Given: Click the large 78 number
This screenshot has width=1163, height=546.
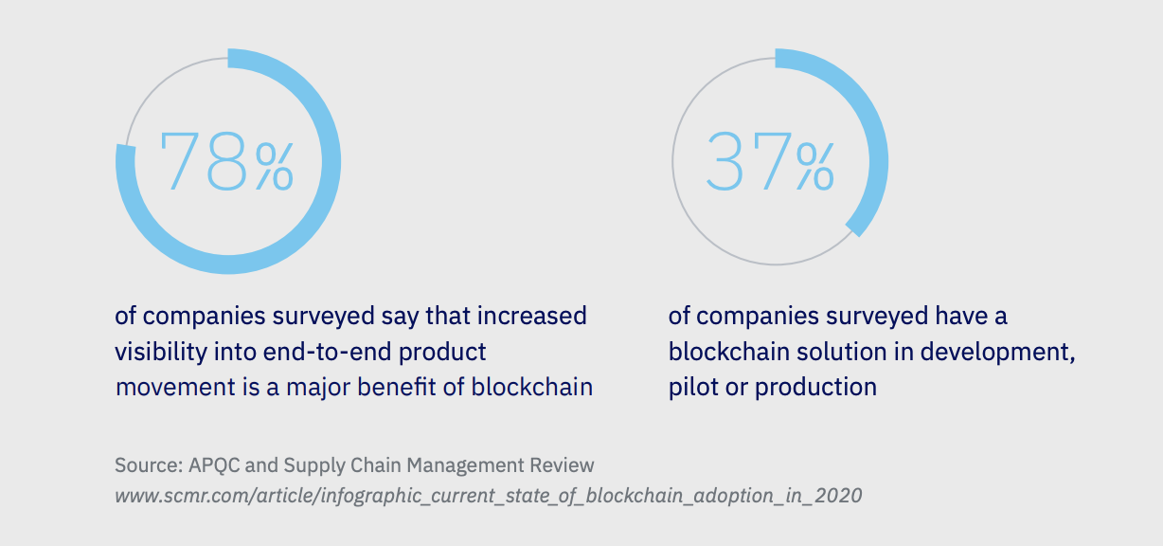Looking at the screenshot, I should [204, 161].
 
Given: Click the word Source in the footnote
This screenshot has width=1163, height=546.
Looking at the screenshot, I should [147, 465].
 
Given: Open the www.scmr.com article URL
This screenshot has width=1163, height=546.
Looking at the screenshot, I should [488, 496].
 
